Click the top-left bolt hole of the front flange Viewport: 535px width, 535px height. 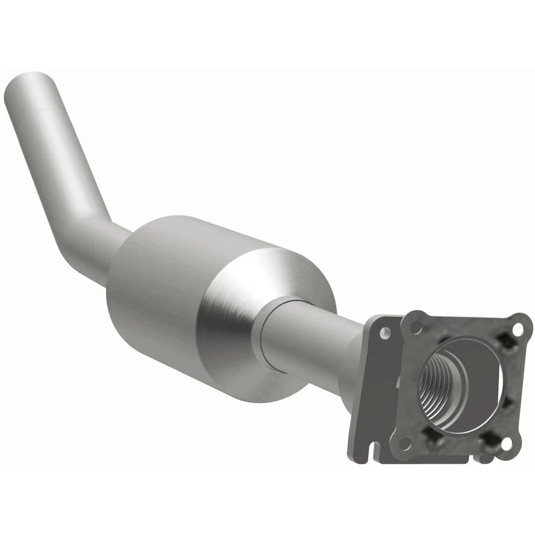click(x=416, y=327)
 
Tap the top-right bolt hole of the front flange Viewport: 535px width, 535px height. click(x=518, y=329)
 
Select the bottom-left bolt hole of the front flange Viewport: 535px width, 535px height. click(x=405, y=443)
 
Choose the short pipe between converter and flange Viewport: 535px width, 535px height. click(x=318, y=340)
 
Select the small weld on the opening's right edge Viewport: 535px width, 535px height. click(x=504, y=401)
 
